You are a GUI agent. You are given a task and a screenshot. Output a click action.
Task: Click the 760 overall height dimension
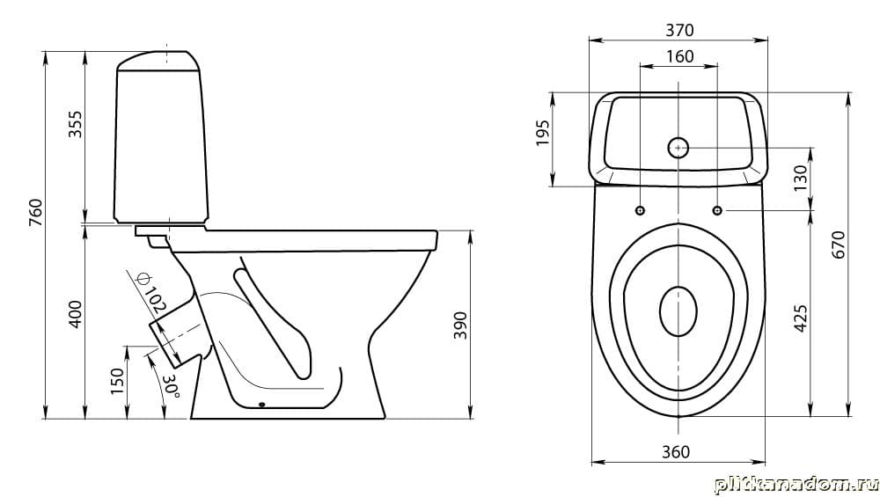coord(36,213)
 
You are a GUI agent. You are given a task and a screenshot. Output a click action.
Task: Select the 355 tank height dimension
coord(75,124)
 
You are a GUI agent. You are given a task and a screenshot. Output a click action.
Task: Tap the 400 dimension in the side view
coord(75,315)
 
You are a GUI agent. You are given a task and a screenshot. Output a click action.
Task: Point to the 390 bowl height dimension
coord(460,325)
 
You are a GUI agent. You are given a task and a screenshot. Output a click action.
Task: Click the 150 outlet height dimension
coord(117,381)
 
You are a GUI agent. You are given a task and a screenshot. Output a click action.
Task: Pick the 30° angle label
coord(172,386)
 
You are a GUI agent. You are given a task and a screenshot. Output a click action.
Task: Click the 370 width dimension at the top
coord(679,30)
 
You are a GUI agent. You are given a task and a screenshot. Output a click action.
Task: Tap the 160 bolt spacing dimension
coord(679,56)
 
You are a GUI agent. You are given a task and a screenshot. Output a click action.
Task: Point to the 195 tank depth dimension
coord(543,133)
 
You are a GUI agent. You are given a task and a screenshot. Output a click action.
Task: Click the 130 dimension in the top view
coord(800,178)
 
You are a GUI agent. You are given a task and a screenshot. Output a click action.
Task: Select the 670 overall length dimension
coord(838,245)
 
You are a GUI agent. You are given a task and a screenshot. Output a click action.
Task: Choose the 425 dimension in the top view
coord(800,318)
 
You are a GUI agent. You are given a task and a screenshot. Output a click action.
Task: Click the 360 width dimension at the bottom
coord(676,451)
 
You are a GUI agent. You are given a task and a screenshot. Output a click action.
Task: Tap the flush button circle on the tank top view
coord(678,148)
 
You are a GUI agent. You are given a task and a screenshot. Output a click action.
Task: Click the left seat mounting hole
coord(640,210)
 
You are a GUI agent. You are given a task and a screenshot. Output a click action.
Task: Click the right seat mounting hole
coord(717,210)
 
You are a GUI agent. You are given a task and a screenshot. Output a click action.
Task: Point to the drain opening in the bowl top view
coord(678,312)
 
